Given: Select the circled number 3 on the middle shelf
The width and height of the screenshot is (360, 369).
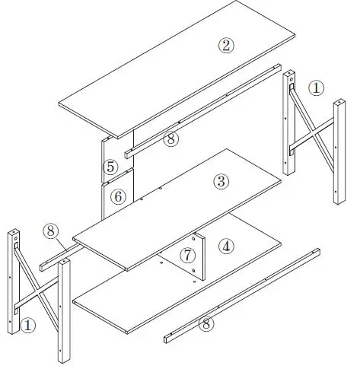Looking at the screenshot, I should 221,182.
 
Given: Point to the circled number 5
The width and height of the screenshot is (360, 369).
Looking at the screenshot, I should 110,166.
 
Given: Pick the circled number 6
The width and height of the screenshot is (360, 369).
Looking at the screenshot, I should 117,196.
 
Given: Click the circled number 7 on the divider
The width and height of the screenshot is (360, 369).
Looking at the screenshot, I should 188,254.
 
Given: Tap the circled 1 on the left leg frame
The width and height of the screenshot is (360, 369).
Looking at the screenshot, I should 28,325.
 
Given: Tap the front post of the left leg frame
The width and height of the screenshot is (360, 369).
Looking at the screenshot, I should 64,312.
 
